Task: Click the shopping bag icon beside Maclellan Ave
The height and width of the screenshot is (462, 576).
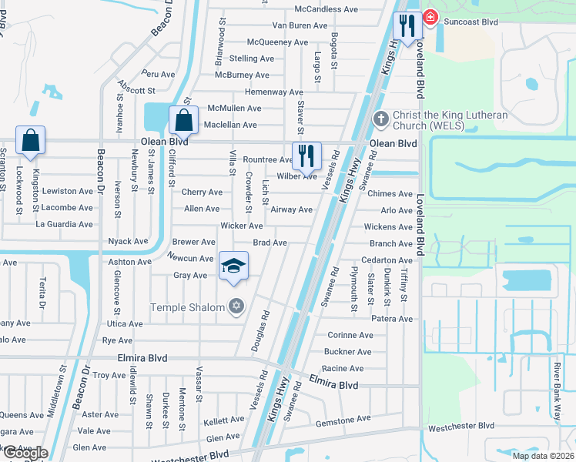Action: coord(183,121)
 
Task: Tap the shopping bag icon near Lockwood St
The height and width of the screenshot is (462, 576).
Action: coord(30,141)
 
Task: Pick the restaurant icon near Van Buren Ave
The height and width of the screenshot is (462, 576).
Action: coord(406,26)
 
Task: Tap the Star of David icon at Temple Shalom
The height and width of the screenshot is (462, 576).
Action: coord(236,307)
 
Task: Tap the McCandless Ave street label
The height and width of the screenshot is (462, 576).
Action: coord(327,9)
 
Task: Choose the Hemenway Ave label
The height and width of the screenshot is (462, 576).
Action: coord(273,92)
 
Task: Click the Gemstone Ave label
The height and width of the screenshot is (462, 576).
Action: coord(343,419)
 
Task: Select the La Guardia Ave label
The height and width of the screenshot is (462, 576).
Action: coord(65,224)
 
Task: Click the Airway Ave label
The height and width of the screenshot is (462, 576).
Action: coord(292,209)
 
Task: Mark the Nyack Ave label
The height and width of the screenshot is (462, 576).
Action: coord(128,241)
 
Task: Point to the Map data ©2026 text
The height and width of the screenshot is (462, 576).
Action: coord(542,456)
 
